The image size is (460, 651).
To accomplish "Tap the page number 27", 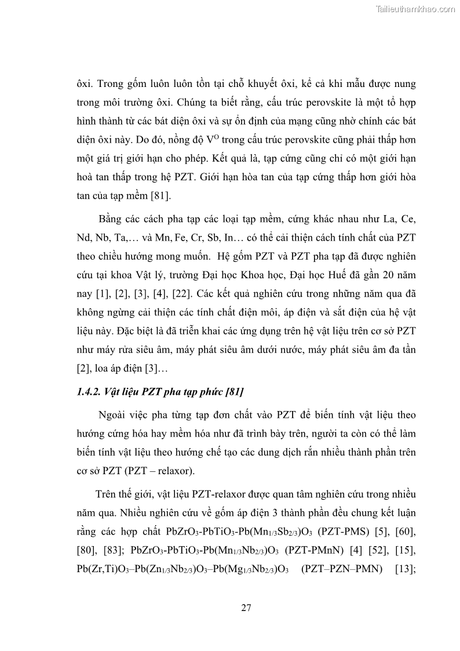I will (x=246, y=608).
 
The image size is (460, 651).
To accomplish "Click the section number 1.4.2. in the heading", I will (x=90, y=392).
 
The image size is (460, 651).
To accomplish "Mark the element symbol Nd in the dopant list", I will (x=83, y=238).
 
